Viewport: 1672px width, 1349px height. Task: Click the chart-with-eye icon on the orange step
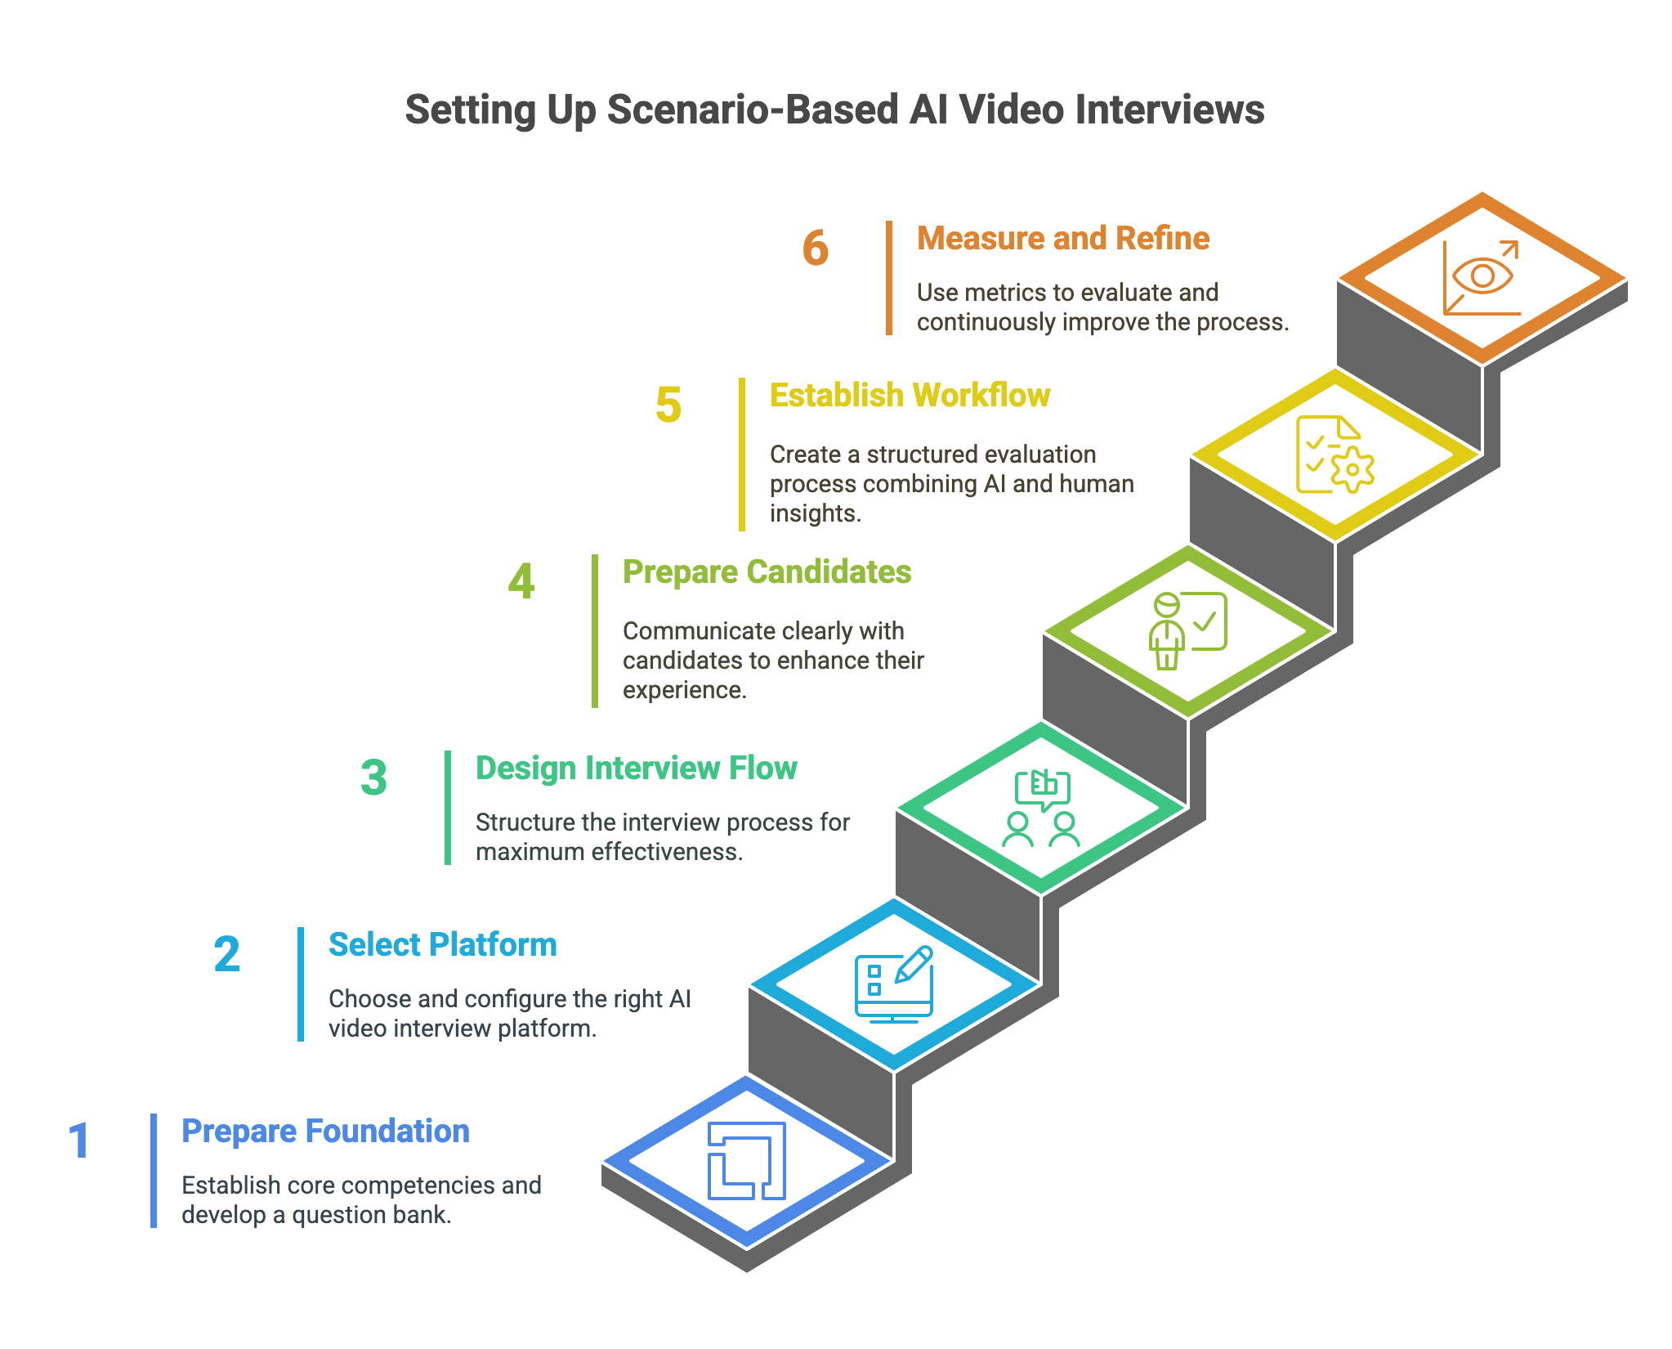click(1482, 277)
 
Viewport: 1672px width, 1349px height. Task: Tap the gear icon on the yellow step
click(1352, 469)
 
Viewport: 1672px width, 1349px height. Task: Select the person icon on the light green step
click(1166, 631)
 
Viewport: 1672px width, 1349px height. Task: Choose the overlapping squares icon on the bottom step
click(746, 1161)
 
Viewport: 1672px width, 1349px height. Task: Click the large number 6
click(815, 249)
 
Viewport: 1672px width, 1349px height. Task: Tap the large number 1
click(79, 1141)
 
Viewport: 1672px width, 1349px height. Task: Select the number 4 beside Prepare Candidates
click(521, 581)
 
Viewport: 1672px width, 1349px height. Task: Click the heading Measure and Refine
click(1062, 239)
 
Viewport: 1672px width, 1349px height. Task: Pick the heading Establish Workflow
click(910, 396)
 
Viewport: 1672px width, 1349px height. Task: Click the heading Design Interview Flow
click(636, 769)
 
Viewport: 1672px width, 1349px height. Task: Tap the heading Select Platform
click(442, 945)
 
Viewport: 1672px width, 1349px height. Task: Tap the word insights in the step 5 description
click(815, 513)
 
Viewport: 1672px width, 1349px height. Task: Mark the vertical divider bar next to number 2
click(301, 984)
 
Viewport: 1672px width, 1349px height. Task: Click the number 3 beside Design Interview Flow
click(373, 778)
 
